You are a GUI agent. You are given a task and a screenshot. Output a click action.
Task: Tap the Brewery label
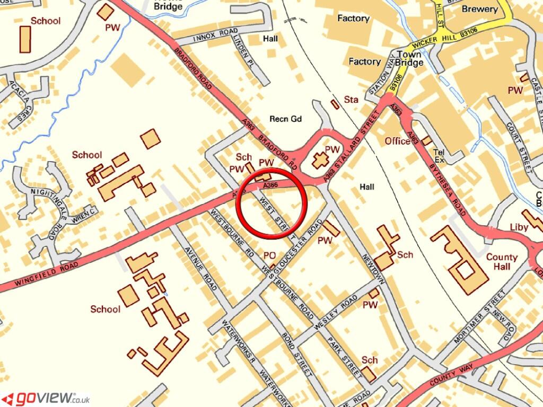479,9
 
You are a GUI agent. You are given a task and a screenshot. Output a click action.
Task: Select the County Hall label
502,262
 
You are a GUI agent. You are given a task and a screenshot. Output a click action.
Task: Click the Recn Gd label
285,119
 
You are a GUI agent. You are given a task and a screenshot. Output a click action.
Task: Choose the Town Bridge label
409,58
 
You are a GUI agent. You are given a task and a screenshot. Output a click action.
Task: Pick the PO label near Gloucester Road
270,255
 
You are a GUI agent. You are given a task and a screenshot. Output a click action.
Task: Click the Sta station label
352,99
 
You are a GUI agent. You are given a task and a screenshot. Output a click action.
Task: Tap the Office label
398,141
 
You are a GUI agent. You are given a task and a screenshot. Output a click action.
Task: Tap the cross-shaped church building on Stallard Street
320,160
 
